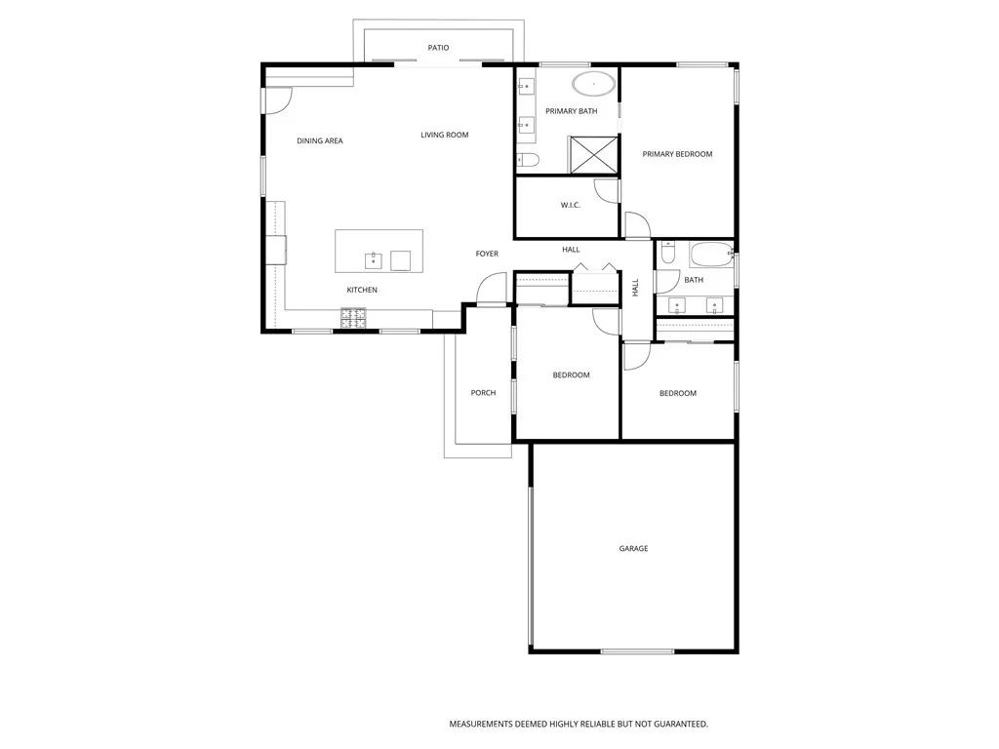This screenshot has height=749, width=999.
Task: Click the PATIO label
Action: coord(438,48)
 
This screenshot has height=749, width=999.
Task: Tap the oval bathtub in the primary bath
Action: coord(593,85)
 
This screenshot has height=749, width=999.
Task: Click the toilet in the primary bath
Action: coord(527,160)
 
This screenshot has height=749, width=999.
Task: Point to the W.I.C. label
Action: coord(571,205)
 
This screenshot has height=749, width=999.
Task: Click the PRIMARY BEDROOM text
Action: coord(677,154)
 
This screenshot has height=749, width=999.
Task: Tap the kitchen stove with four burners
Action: coord(353,316)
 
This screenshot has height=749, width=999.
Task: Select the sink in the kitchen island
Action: coord(374,259)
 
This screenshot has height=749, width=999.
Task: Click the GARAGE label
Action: coord(633,549)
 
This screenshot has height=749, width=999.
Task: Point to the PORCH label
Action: coord(483,393)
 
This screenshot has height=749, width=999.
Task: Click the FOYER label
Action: coord(487,255)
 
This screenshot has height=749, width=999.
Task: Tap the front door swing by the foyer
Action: coord(491,289)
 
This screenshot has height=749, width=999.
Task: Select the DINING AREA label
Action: coord(320,141)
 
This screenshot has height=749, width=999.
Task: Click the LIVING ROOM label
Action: coord(445,136)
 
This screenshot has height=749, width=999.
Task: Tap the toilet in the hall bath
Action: coord(667,253)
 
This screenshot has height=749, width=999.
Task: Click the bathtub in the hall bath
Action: coord(711,256)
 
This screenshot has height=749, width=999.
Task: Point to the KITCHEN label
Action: coord(362,291)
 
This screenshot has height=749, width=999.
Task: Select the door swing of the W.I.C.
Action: coord(608,191)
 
